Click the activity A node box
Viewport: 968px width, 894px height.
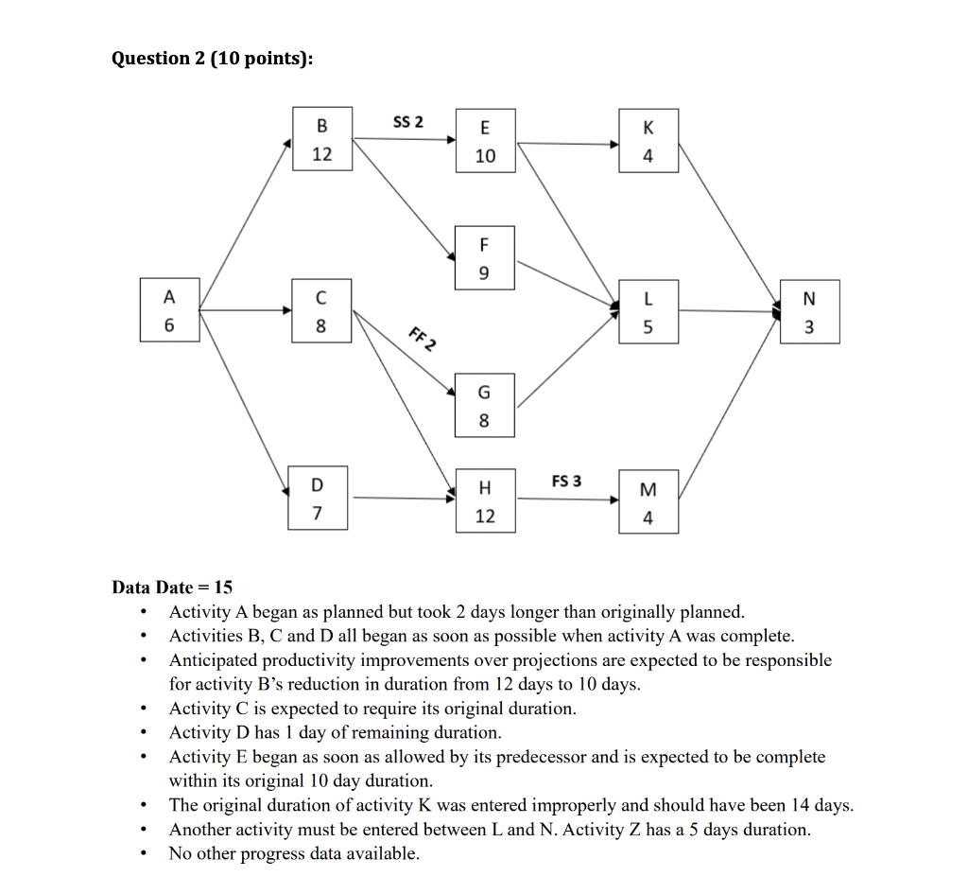(169, 310)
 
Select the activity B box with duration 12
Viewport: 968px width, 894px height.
(322, 140)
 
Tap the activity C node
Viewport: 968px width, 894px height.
(321, 310)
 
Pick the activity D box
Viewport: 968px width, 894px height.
(318, 499)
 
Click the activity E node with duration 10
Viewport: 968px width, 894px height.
(485, 142)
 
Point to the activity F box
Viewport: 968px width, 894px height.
(485, 258)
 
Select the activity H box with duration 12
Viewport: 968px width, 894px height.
(485, 501)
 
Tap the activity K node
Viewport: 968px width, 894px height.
(648, 143)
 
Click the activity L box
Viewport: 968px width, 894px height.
(648, 312)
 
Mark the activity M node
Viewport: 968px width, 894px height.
(648, 502)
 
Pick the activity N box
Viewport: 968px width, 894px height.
(808, 312)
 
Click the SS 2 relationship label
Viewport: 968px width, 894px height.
(407, 122)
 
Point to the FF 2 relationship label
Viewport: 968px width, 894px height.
(422, 338)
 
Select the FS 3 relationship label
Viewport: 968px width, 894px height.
(566, 481)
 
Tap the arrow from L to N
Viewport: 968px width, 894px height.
(728, 310)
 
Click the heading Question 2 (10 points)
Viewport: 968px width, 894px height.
(212, 59)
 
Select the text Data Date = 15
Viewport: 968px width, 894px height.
(172, 587)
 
